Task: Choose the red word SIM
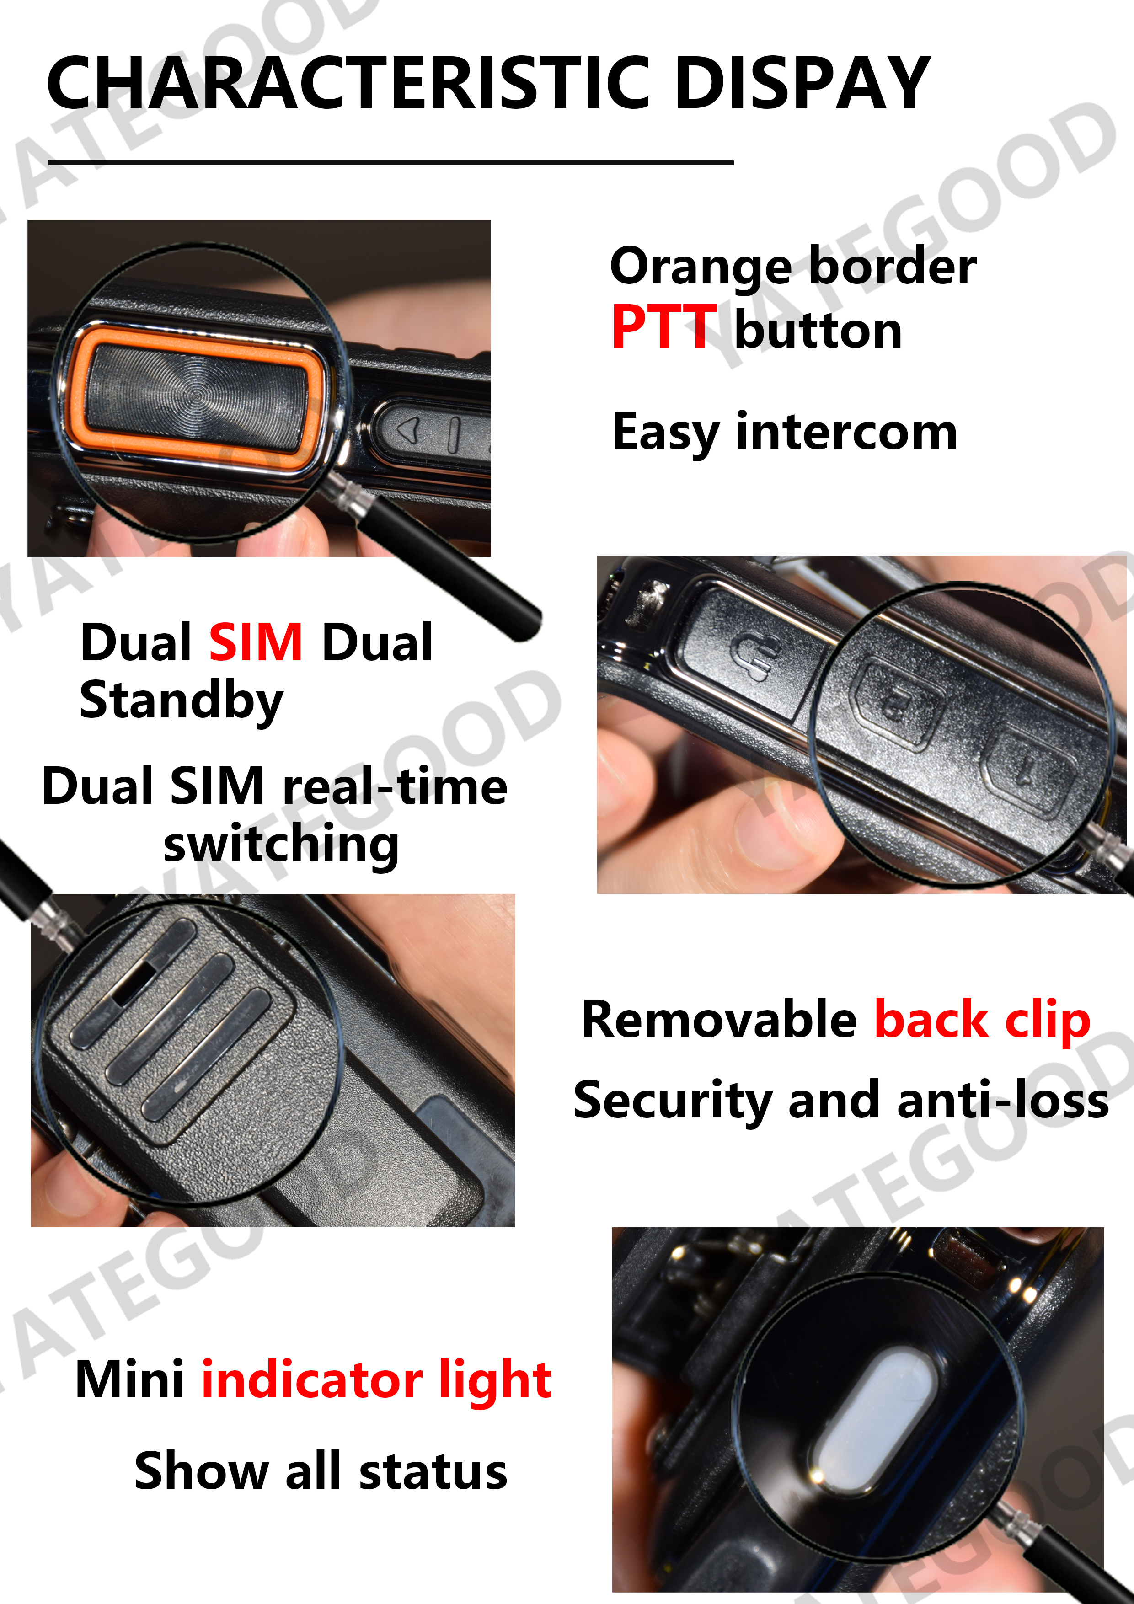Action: [256, 642]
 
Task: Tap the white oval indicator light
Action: [877, 1426]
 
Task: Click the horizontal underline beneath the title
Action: [390, 163]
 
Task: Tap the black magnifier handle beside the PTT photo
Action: [447, 559]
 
